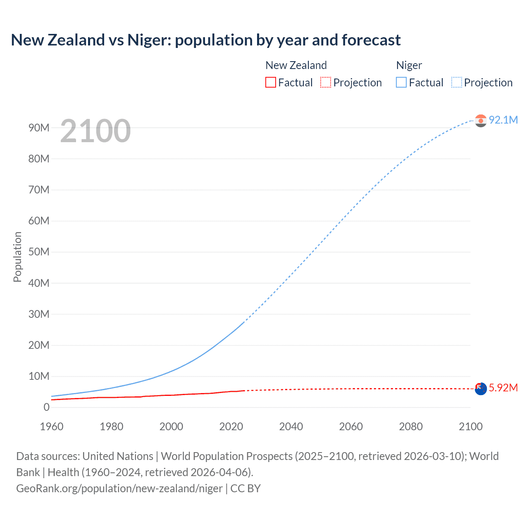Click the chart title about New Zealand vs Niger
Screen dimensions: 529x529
click(205, 40)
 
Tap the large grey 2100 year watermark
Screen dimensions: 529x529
click(95, 131)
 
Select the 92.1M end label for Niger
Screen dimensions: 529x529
click(503, 120)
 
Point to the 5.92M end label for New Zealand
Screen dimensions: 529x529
click(503, 388)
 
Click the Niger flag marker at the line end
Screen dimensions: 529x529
click(481, 121)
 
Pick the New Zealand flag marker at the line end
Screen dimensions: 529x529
click(481, 389)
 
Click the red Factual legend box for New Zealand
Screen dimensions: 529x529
click(271, 83)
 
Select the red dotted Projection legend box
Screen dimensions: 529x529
click(326, 83)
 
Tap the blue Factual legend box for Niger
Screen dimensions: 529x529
click(401, 83)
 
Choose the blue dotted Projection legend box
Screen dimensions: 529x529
click(457, 83)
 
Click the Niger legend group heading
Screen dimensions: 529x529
click(409, 65)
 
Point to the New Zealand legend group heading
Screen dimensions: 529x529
click(296, 65)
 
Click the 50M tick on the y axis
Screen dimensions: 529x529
click(39, 252)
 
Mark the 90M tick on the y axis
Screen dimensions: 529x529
click(39, 128)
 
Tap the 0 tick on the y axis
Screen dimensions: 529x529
click(46, 407)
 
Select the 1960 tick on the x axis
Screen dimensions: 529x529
click(52, 427)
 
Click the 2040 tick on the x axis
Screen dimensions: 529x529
click(291, 427)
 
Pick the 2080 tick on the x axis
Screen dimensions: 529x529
click(411, 427)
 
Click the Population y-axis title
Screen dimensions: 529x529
click(17, 257)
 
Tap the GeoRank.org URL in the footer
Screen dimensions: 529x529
click(119, 488)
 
